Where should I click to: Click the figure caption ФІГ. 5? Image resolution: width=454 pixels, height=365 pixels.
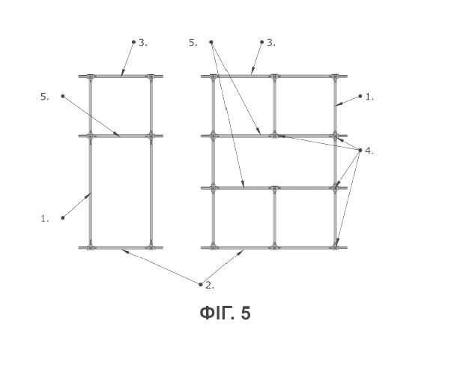coord(225,313)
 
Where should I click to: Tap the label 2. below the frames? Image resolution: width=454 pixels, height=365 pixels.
coord(210,286)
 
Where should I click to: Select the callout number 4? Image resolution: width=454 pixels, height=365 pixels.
coord(369,151)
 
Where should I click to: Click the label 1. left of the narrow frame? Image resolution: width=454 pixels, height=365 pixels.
coord(45,218)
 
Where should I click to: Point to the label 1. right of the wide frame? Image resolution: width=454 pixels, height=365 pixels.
coord(370,97)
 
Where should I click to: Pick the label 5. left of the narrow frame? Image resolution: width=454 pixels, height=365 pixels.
coord(45,97)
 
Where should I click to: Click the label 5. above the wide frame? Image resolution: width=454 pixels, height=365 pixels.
coord(193,43)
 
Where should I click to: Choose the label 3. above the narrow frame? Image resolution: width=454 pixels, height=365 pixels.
coord(143,43)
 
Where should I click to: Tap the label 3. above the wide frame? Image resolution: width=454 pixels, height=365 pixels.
coord(271,43)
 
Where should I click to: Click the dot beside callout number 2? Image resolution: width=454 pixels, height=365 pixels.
coord(200,285)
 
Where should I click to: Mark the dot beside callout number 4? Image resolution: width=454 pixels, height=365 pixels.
coord(360,150)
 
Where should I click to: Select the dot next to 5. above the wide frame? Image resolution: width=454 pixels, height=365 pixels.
coord(211,42)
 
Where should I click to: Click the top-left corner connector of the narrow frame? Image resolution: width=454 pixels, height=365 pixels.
coord(91,76)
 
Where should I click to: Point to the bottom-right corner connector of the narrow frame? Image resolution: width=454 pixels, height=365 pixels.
coord(151,247)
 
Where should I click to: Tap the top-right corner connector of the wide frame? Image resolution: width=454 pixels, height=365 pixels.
coord(335,76)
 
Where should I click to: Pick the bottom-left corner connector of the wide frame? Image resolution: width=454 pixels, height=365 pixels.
coord(213,247)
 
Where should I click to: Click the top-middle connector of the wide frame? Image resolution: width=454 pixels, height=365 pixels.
coord(274,76)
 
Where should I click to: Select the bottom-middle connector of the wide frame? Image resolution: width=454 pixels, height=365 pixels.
coord(274,247)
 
